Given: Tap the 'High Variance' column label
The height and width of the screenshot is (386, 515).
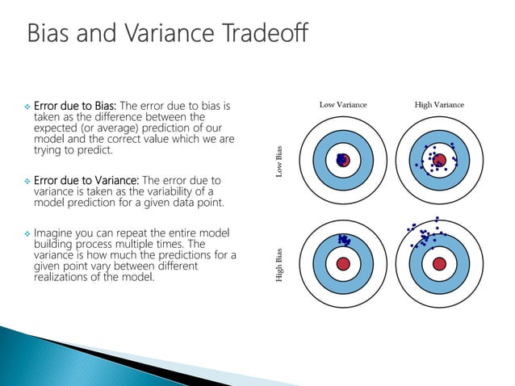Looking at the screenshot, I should point(438,104).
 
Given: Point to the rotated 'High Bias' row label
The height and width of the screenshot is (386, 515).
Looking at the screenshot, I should point(280,264).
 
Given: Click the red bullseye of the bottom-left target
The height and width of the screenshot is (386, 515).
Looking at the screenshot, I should point(343,263).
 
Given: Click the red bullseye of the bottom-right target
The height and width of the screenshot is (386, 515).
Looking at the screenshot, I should point(439,263).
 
